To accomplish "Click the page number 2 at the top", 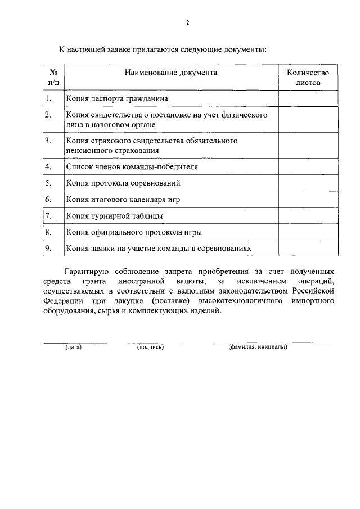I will click(187, 22).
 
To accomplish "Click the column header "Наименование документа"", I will click(171, 73).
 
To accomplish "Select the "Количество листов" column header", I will click(308, 77).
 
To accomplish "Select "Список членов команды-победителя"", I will click(132, 167).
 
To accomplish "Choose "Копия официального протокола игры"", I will click(134, 232).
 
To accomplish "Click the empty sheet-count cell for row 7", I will click(308, 215).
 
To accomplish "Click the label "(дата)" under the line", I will click(74, 347).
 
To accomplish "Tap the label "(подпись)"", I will click(150, 347).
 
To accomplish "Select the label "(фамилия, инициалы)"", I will click(258, 347).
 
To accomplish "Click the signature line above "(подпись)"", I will click(155, 341).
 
